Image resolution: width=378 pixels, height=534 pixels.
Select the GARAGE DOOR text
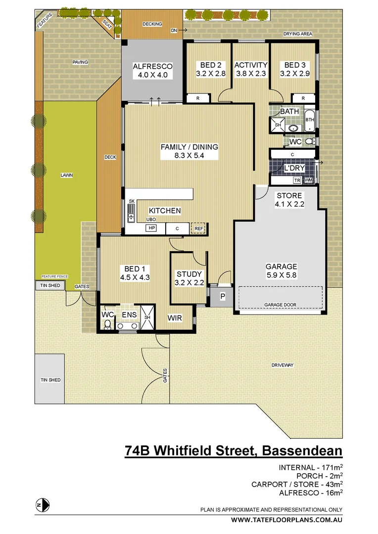coord(280,305)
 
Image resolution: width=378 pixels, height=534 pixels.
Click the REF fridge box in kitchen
coord(198,228)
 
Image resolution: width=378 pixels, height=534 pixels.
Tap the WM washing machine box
coord(309,180)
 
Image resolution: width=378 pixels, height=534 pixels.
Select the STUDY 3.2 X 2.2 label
coord(189,278)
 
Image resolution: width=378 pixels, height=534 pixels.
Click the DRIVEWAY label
coord(283,365)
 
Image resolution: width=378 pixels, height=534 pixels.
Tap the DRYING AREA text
coord(297,34)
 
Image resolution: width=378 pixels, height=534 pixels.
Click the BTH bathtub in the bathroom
coord(309,120)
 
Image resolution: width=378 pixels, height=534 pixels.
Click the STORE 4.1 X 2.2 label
coord(289,199)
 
